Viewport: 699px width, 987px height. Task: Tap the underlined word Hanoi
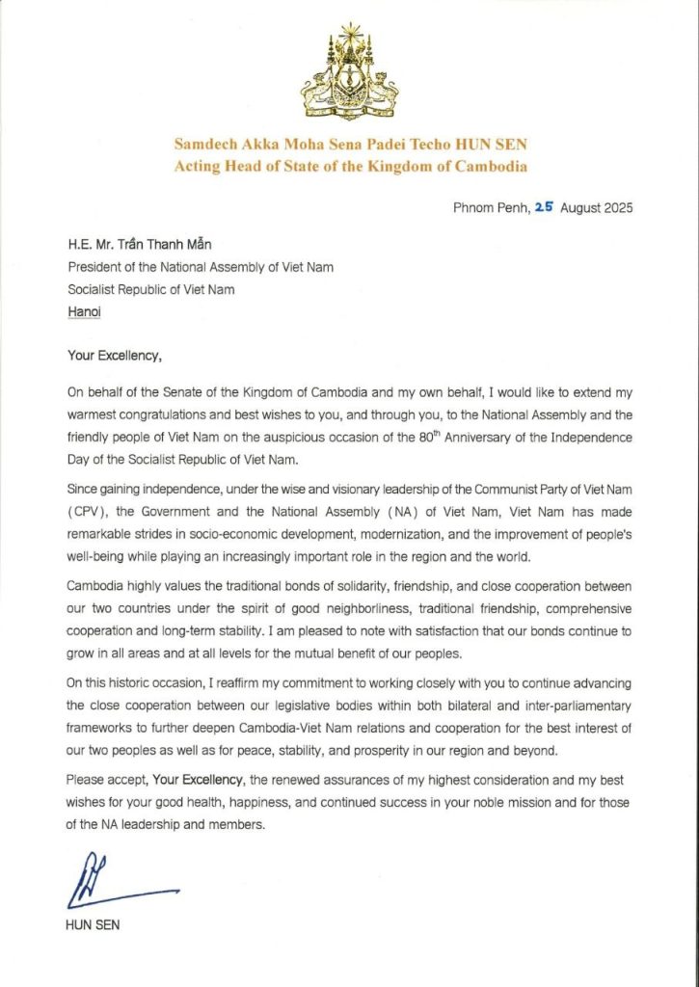coord(84,312)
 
